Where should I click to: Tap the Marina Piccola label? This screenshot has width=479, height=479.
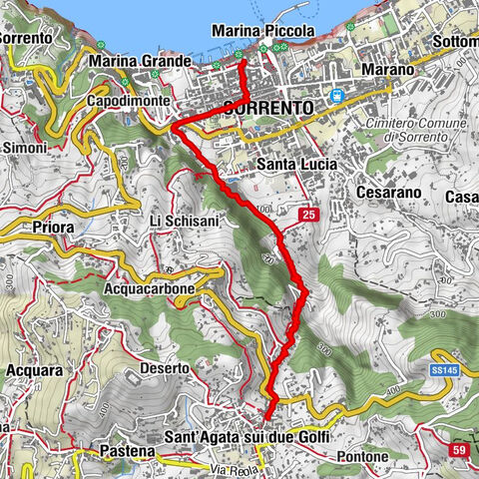pos(262,32)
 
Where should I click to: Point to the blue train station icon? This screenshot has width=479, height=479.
pos(338,96)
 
